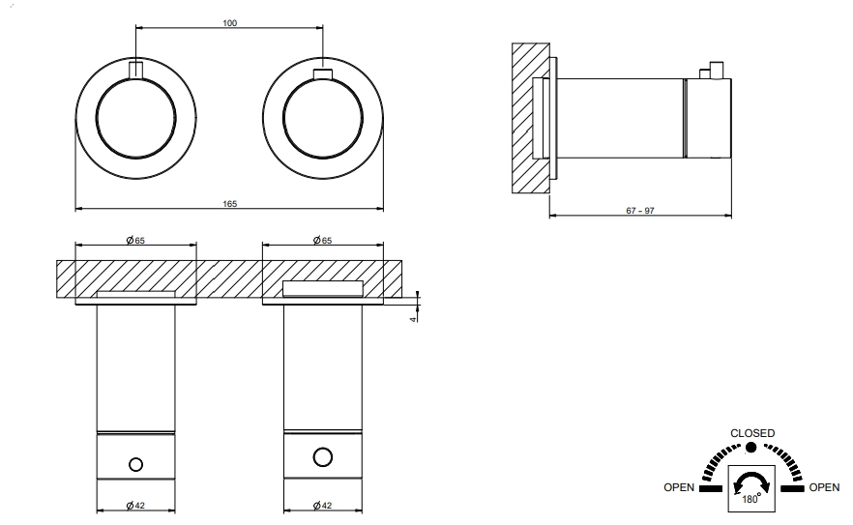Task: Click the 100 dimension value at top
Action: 229,23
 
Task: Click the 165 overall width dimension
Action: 229,204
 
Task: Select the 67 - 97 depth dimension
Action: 639,210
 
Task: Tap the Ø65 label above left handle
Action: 135,239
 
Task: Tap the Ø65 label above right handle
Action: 323,239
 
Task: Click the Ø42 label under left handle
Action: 135,505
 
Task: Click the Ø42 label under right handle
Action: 323,505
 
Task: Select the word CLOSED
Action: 751,433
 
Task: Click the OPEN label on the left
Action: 679,488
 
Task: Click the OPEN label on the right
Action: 824,488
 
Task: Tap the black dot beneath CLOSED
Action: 751,449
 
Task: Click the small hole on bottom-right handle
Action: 323,455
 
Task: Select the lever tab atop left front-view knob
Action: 135,69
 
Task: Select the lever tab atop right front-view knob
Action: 323,73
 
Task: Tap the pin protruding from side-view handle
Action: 716,69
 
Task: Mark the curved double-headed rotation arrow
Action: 751,481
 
